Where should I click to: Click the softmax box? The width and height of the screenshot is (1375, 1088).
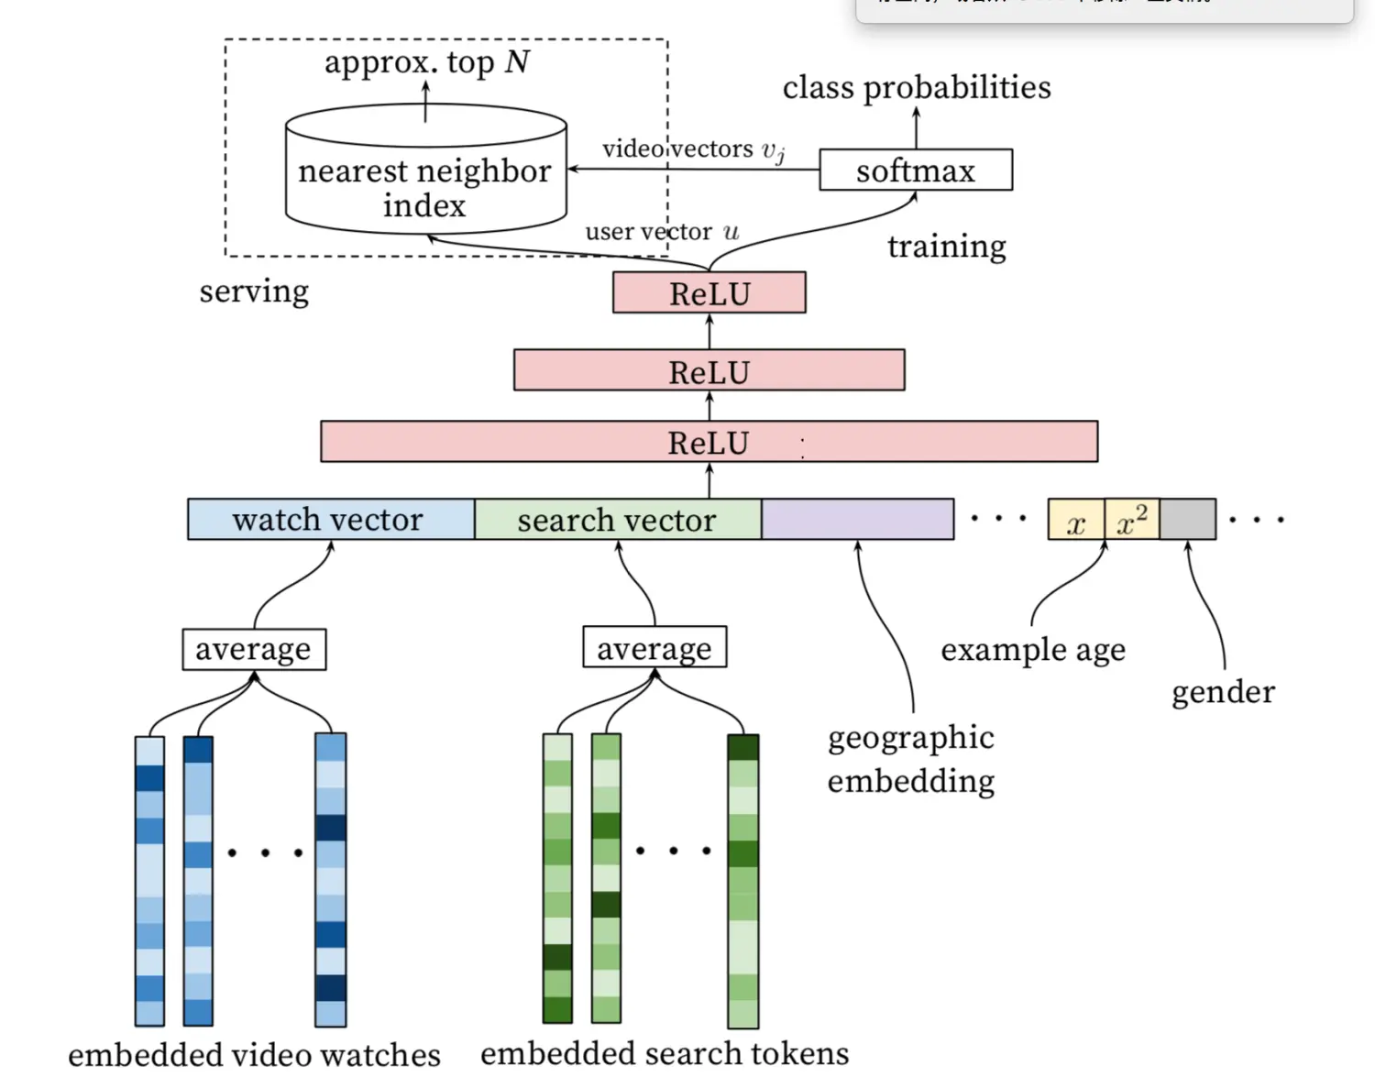915,170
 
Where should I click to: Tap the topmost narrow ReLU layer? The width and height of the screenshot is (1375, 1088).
709,293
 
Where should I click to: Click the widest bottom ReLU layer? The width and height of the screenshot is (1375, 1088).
709,442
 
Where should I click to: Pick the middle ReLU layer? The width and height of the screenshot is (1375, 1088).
709,371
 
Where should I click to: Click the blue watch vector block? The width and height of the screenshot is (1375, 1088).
330,520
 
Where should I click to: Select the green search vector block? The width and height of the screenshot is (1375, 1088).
617,520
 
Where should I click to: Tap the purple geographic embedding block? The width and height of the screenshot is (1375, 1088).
857,520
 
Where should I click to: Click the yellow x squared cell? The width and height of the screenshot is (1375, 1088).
1132,520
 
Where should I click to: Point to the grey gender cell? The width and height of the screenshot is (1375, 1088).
1188,520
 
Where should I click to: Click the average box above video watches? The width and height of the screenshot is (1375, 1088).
254,650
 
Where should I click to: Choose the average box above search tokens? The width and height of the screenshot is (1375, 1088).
654,648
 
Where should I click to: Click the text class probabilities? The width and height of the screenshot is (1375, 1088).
916,88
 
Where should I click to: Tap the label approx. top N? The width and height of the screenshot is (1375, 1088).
426,62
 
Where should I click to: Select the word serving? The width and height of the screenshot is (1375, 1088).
254,291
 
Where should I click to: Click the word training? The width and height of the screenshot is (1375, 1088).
946,247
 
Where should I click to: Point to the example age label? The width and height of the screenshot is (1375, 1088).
1032,650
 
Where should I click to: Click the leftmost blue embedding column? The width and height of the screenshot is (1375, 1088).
149,880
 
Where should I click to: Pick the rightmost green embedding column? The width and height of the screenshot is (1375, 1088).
742,880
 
